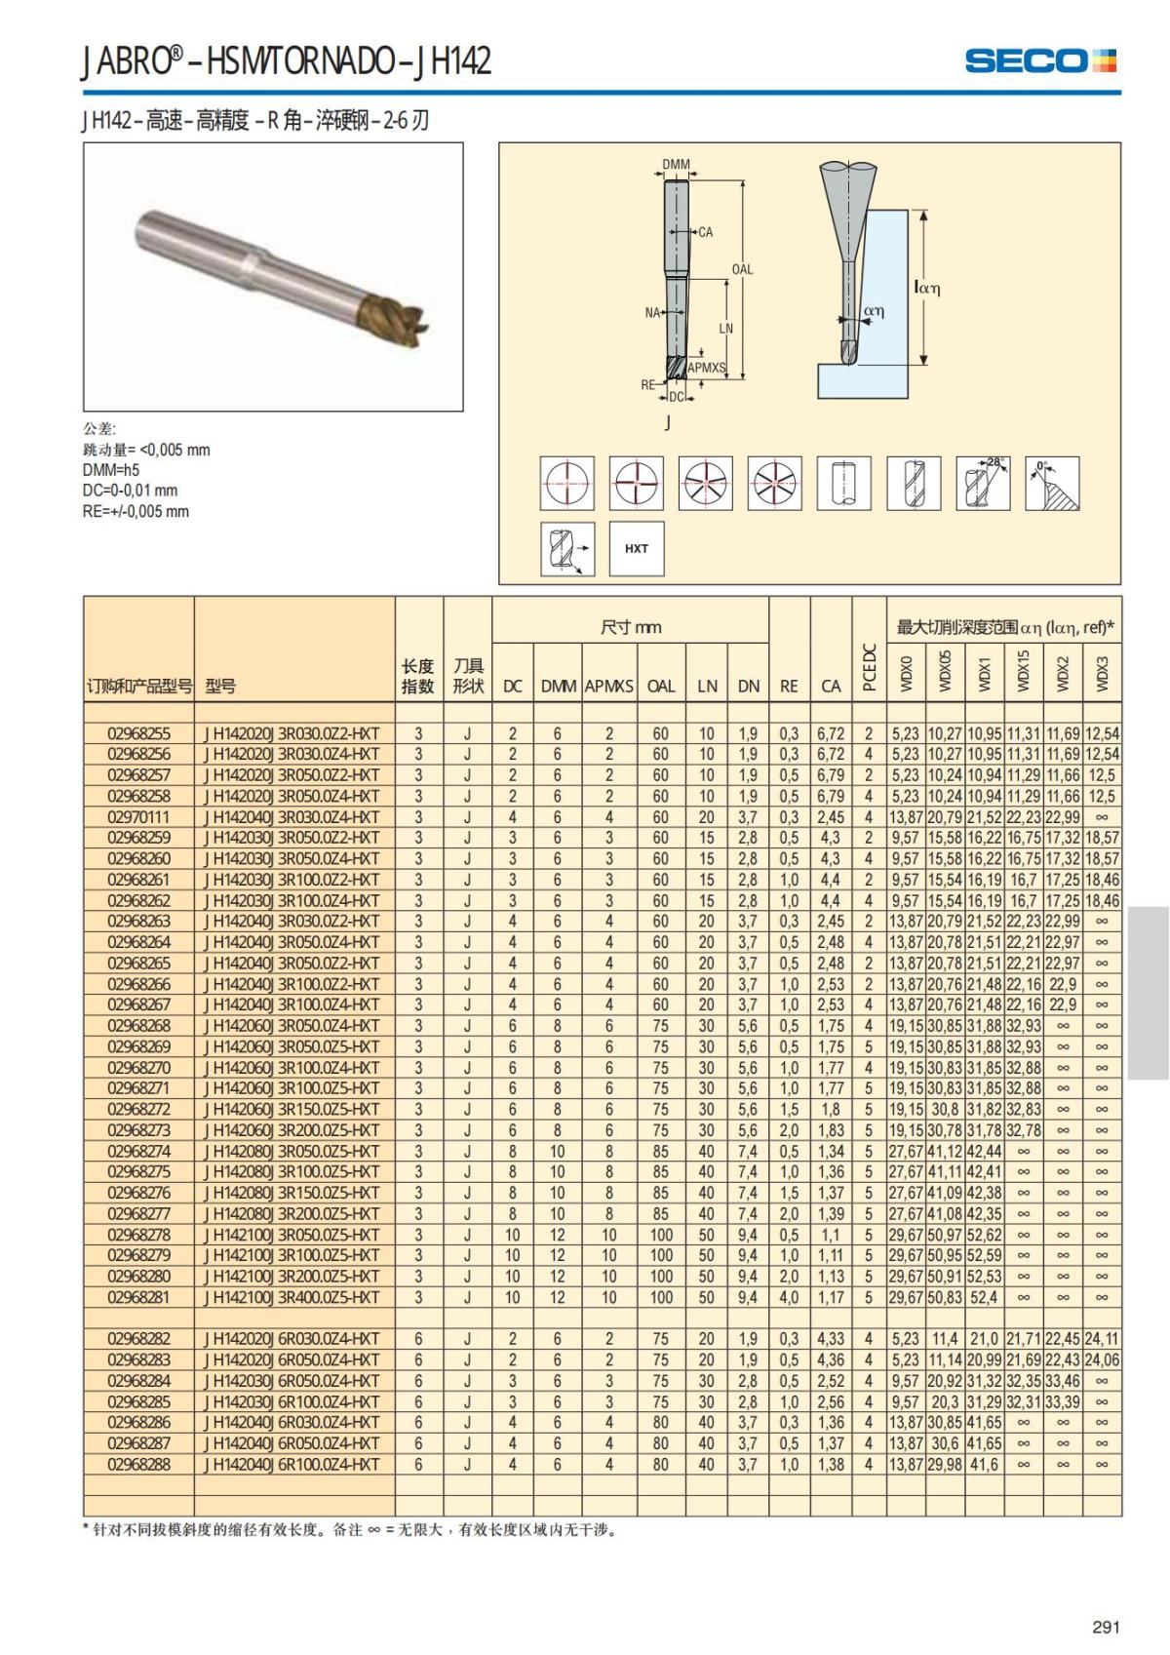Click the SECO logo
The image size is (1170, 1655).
[x=1039, y=60]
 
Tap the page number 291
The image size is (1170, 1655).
[x=1106, y=1627]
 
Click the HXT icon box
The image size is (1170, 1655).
[x=636, y=548]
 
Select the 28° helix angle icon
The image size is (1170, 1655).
[x=982, y=483]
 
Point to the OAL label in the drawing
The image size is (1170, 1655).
[x=742, y=269]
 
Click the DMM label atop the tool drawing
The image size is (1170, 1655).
[x=676, y=165]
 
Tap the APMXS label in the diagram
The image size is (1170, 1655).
[x=706, y=368]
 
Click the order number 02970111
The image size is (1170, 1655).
[x=138, y=817]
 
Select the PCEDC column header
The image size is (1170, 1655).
[x=869, y=667]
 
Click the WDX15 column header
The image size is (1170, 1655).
[x=1024, y=671]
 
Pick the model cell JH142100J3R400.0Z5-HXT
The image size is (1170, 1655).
[x=292, y=1297]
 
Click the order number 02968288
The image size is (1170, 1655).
[x=138, y=1464]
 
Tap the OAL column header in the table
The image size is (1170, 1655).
[x=660, y=687]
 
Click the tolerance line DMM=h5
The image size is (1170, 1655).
[x=111, y=470]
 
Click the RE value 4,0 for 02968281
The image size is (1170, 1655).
[x=789, y=1297]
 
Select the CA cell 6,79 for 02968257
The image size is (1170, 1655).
[x=830, y=775]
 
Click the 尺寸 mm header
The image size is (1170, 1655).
[x=630, y=628]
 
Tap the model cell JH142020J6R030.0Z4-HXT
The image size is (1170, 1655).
[x=292, y=1339]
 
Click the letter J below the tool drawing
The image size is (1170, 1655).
[x=667, y=422]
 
